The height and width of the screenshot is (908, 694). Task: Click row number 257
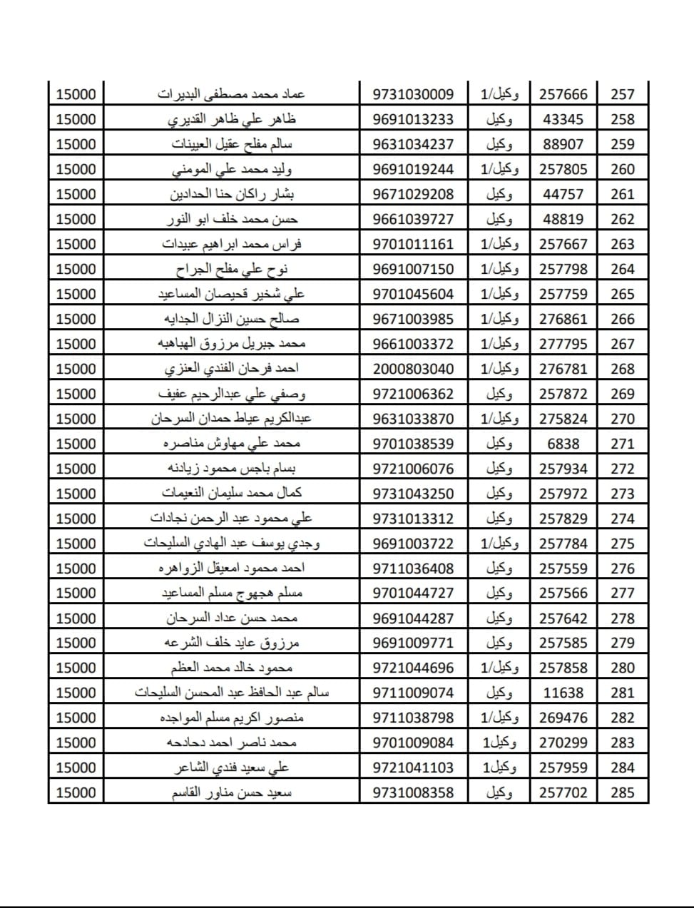coord(622,94)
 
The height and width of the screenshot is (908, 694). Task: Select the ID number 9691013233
coord(413,119)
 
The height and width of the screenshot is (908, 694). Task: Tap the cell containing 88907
coord(563,144)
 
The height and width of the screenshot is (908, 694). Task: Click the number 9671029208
coord(413,194)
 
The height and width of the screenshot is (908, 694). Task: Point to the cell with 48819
coord(563,219)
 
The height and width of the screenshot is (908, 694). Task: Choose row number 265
coord(622,294)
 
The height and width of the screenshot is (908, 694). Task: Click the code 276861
coord(563,319)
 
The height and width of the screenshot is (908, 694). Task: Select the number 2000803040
coord(413,369)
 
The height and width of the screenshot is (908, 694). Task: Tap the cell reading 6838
coord(563,444)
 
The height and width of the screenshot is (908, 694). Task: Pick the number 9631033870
coord(413,419)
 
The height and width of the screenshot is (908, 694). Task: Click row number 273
coord(622,494)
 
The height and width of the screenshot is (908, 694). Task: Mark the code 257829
coord(563,519)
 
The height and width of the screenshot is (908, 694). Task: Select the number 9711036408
coord(413,568)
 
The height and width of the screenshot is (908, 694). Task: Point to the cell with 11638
coord(563,693)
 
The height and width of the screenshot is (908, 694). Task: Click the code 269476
coord(563,718)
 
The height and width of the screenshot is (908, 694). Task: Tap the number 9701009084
coord(413,743)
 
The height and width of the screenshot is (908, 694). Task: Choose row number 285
coord(622,792)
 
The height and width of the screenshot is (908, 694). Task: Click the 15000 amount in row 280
coord(76,668)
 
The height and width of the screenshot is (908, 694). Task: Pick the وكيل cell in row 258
coord(499,119)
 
